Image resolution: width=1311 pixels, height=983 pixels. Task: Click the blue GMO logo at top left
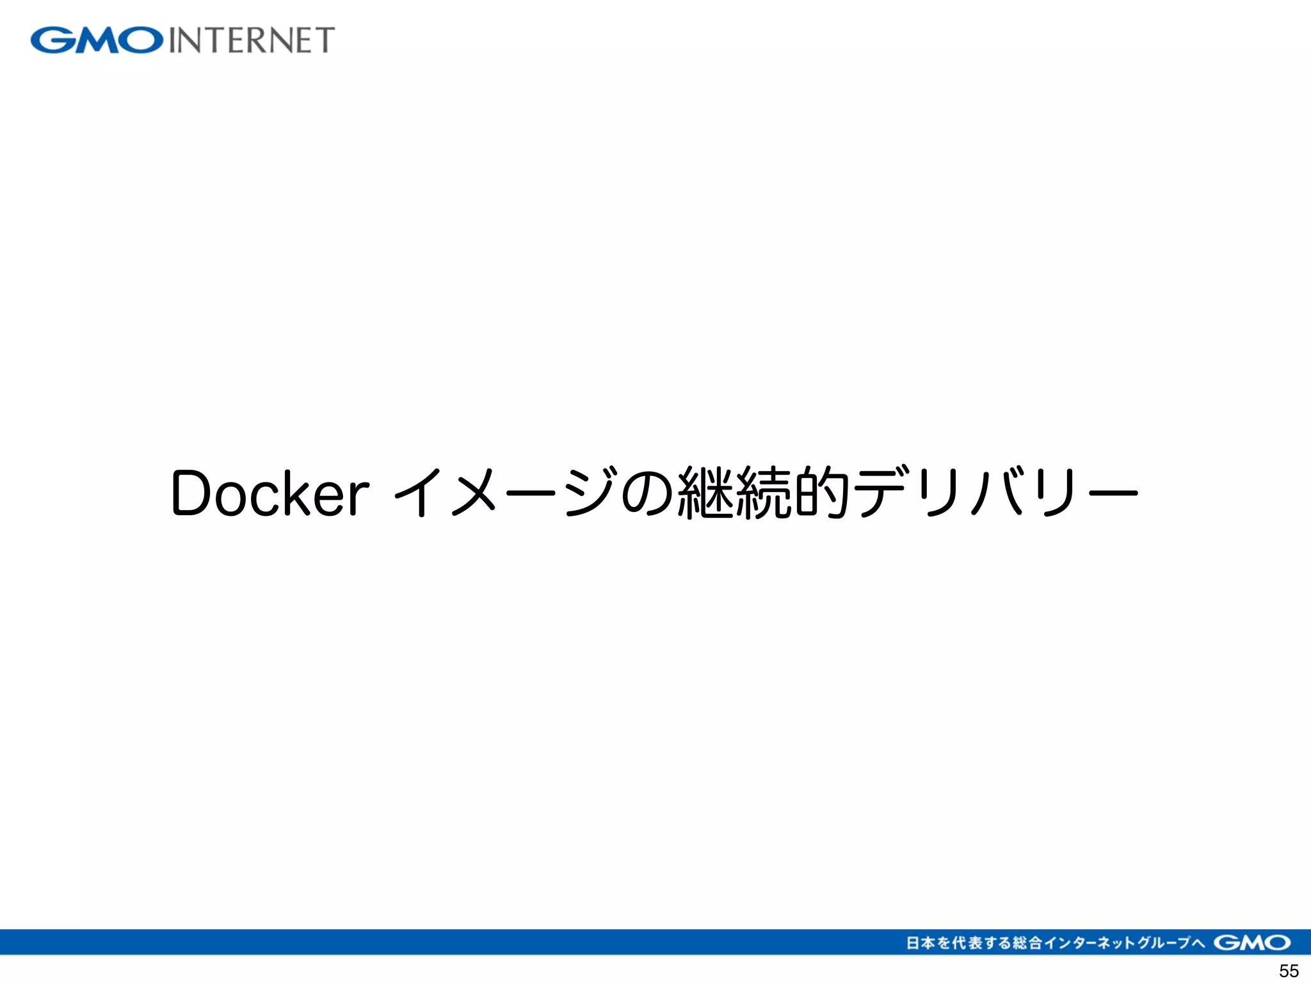tap(97, 40)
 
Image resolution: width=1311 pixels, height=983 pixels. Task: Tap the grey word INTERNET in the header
tap(252, 40)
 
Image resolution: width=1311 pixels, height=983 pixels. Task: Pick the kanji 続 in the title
tap(763, 493)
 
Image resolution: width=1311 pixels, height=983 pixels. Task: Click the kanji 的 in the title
tap(821, 493)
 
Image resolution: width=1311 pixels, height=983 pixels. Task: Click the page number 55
tap(1289, 971)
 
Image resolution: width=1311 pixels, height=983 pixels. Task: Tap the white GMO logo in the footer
tap(1252, 943)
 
